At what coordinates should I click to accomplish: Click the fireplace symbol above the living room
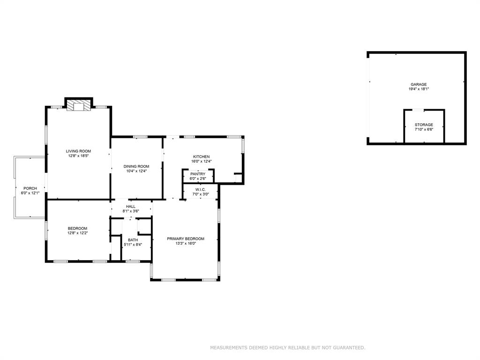tap(78, 105)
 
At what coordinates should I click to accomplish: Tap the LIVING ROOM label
tap(78, 151)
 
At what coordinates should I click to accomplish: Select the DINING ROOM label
tap(136, 166)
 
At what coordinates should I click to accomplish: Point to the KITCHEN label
tap(202, 157)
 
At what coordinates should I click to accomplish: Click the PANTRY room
tap(198, 176)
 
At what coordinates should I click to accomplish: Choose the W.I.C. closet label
tap(200, 189)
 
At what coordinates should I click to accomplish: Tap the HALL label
tap(131, 206)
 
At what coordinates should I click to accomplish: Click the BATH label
tap(133, 240)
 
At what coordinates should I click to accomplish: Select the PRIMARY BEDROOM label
tap(186, 239)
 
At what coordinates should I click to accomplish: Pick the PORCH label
tap(30, 188)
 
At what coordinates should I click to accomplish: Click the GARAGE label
tap(419, 84)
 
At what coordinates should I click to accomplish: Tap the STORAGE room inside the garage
tap(424, 127)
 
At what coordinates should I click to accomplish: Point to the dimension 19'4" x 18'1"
tap(419, 89)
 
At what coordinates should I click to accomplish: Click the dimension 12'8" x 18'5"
tap(78, 156)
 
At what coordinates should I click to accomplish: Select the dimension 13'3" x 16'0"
tap(186, 243)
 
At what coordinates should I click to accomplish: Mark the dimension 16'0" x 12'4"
tap(202, 161)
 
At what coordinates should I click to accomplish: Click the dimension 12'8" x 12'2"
tap(78, 233)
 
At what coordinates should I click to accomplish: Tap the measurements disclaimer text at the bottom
tap(287, 348)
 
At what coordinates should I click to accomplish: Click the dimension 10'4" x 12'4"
tap(136, 171)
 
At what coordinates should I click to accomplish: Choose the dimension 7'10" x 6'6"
tap(424, 129)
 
